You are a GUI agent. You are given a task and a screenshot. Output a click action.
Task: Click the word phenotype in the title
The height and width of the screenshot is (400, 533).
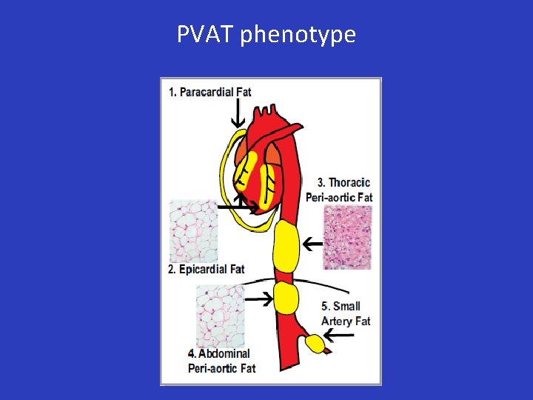click(x=298, y=36)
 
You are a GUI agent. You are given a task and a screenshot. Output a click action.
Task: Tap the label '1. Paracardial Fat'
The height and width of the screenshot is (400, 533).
click(x=210, y=92)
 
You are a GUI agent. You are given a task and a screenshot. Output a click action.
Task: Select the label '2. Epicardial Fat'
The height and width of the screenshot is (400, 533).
click(x=206, y=269)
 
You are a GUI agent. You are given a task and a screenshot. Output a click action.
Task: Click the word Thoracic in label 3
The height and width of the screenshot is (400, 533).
click(x=349, y=182)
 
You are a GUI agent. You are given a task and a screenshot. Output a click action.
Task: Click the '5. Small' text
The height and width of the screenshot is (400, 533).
click(x=341, y=306)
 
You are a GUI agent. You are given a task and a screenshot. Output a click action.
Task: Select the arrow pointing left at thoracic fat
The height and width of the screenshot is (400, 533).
click(x=312, y=242)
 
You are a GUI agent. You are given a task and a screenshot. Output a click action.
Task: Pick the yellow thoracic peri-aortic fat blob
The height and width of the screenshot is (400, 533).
click(x=285, y=247)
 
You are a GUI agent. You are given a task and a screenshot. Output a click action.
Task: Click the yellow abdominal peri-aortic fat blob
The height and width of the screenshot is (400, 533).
click(x=285, y=299)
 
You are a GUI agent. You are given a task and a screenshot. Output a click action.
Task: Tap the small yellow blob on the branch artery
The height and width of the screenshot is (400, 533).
click(x=315, y=344)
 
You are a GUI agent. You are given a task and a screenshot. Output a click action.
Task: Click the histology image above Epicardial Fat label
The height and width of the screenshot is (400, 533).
click(x=193, y=230)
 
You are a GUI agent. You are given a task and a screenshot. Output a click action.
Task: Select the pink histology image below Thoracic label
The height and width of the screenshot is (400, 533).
click(x=347, y=237)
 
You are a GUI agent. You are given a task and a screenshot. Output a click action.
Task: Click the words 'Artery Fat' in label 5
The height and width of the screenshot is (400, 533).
click(x=346, y=321)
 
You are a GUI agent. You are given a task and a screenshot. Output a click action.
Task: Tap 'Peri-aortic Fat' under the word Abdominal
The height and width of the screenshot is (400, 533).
click(x=221, y=367)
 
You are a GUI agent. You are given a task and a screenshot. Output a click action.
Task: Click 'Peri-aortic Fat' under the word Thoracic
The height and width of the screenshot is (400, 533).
click(x=339, y=197)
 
